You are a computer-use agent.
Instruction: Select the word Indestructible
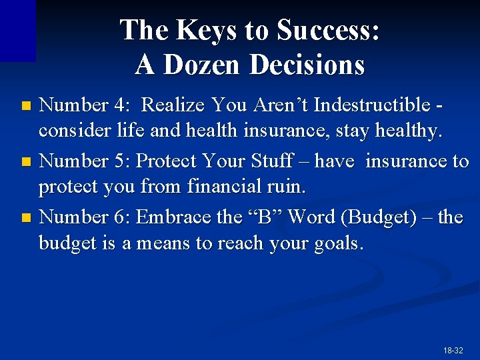[376, 105]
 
